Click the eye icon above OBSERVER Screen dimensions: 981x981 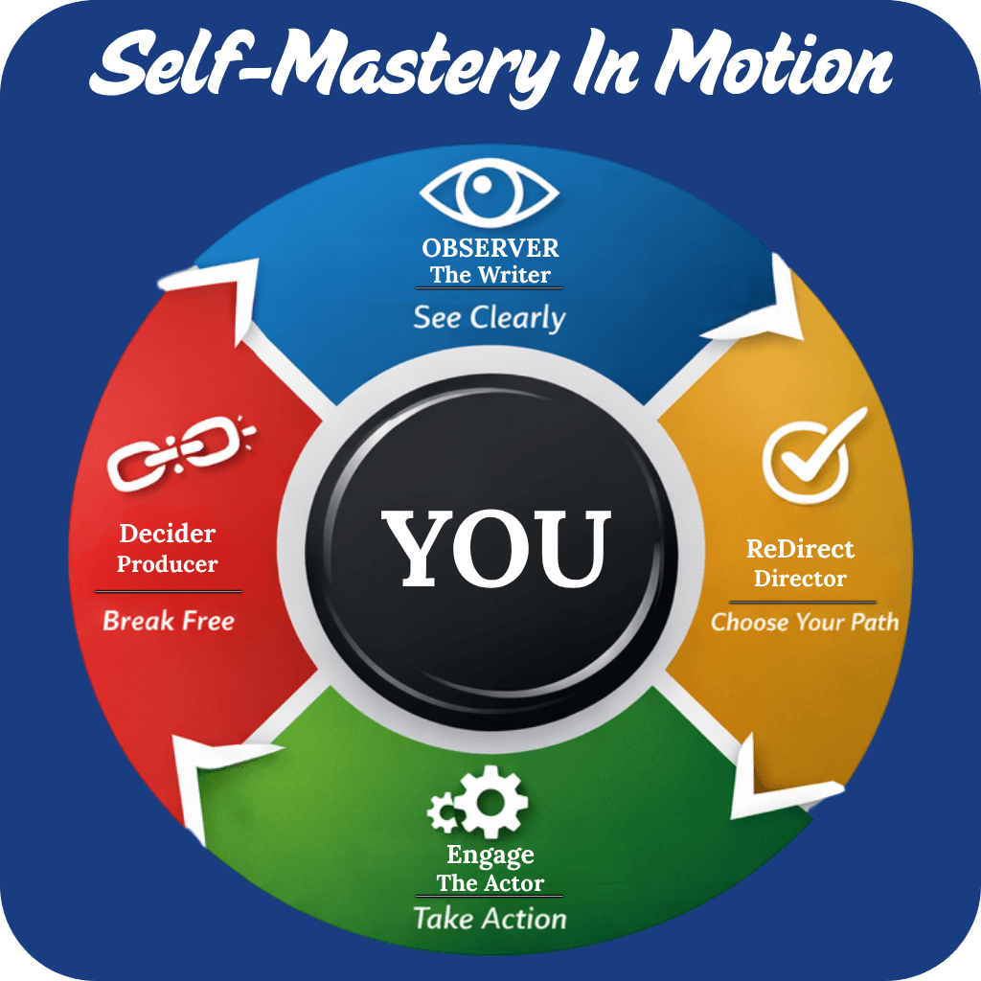(490, 193)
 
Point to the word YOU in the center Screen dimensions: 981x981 (496, 549)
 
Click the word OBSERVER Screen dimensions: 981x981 (490, 248)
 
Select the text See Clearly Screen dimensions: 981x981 (490, 318)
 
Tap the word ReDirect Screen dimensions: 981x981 (800, 549)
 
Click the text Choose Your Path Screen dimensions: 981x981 (805, 622)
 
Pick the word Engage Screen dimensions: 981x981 (490, 855)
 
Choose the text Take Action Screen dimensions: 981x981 (490, 919)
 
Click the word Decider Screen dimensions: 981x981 (168, 534)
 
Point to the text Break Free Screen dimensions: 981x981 (169, 621)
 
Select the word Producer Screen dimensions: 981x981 (168, 564)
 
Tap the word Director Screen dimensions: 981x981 (800, 579)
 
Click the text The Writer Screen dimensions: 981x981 (490, 275)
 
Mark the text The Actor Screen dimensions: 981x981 (490, 883)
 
